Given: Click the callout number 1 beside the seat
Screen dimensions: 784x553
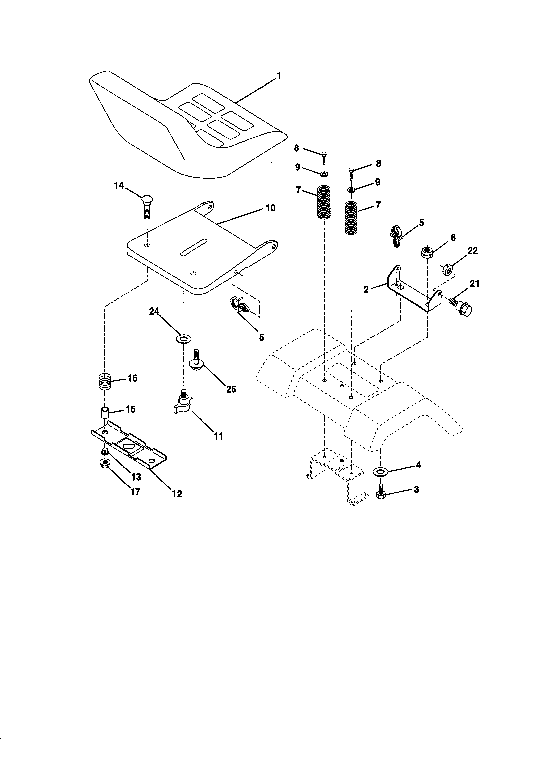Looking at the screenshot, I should [x=279, y=75].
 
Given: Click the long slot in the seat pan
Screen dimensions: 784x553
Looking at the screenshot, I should [x=194, y=246].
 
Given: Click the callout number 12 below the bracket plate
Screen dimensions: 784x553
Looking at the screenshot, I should [x=177, y=493].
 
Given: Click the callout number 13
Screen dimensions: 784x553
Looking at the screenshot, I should [x=136, y=477].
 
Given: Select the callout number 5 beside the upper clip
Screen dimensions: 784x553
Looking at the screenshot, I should [x=421, y=223].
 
